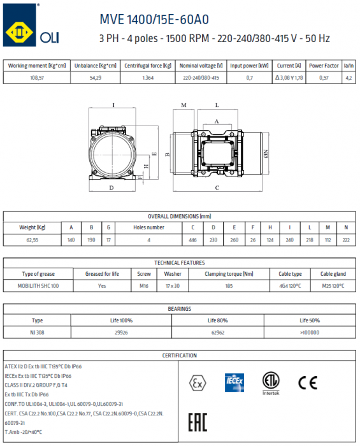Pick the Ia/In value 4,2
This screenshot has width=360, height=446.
click(x=348, y=78)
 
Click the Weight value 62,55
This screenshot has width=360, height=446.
click(x=32, y=240)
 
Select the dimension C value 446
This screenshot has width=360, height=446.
click(x=193, y=240)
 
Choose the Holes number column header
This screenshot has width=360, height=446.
click(x=148, y=227)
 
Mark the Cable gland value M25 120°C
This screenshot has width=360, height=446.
click(x=332, y=286)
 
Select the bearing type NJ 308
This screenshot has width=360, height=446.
click(x=38, y=332)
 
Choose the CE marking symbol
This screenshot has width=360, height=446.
click(x=308, y=382)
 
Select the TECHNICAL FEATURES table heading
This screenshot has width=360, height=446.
click(x=180, y=263)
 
